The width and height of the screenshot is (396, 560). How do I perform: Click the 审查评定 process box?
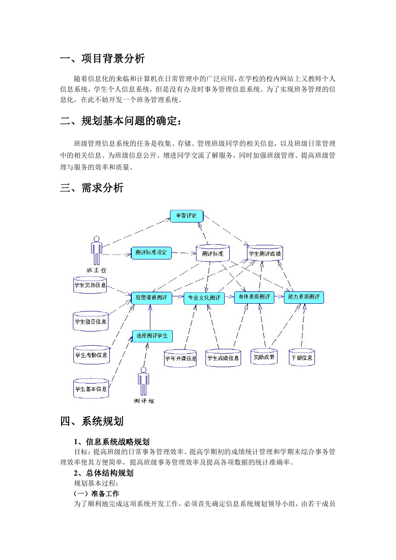pyautogui.click(x=186, y=216)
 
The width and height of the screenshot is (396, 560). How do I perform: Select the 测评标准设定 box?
pyautogui.click(x=151, y=253)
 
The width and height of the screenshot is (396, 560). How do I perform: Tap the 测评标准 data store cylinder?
pyautogui.click(x=213, y=253)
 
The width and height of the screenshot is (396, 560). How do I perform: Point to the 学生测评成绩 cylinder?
pyautogui.click(x=265, y=253)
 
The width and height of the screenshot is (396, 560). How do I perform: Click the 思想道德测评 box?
pyautogui.click(x=151, y=298)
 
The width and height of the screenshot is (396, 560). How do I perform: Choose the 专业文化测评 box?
pyautogui.click(x=204, y=298)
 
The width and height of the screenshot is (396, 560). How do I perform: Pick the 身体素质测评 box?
pyautogui.click(x=254, y=297)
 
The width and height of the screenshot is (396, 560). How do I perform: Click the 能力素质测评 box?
pyautogui.click(x=304, y=297)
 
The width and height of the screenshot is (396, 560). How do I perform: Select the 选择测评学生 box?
pyautogui.click(x=152, y=336)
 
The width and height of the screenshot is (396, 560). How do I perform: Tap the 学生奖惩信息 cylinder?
pyautogui.click(x=90, y=285)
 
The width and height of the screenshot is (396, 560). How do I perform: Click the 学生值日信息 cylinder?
pyautogui.click(x=90, y=321)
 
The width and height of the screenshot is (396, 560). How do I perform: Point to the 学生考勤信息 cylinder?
pyautogui.click(x=92, y=355)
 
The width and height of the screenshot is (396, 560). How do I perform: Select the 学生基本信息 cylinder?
pyautogui.click(x=91, y=389)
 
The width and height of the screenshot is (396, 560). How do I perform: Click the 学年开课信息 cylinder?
pyautogui.click(x=180, y=358)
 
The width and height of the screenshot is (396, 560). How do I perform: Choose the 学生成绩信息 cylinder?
pyautogui.click(x=223, y=358)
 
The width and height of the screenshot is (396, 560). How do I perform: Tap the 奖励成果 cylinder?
pyautogui.click(x=264, y=357)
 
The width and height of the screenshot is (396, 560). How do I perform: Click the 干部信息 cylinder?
pyautogui.click(x=302, y=358)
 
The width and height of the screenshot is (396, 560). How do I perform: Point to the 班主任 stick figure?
pyautogui.click(x=97, y=250)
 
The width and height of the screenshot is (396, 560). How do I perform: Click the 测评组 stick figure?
pyautogui.click(x=144, y=381)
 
